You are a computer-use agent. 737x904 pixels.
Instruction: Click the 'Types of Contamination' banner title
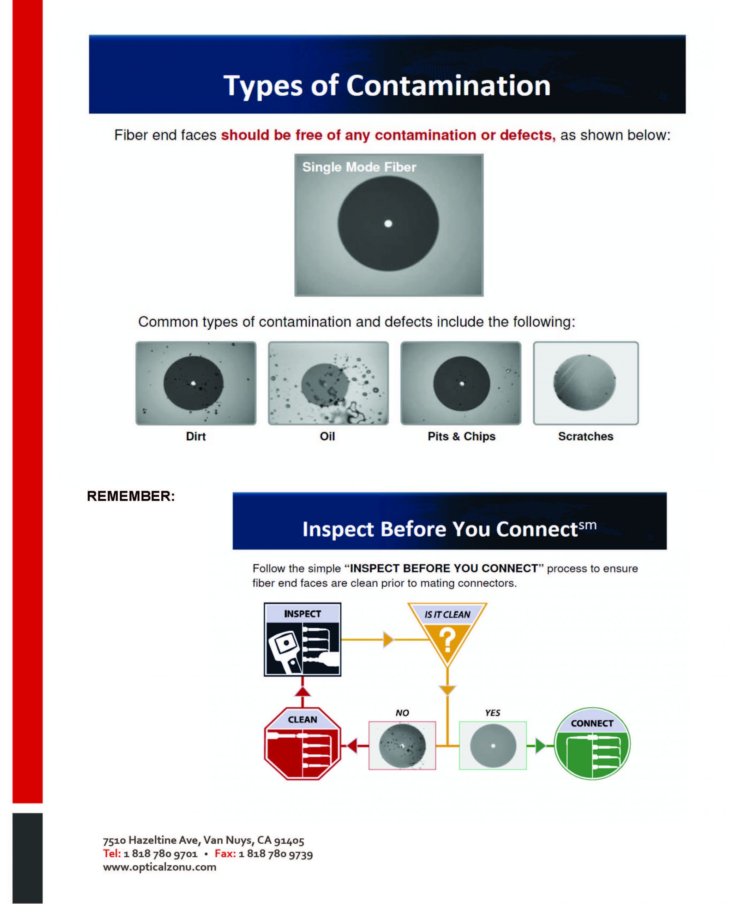pyautogui.click(x=387, y=86)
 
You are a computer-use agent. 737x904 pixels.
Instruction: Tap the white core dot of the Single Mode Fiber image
pyautogui.click(x=388, y=223)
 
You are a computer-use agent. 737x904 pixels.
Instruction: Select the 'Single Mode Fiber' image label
pyautogui.click(x=359, y=167)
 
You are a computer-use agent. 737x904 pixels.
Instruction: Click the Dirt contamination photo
pyautogui.click(x=196, y=383)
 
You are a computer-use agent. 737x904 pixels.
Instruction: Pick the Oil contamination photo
pyautogui.click(x=328, y=383)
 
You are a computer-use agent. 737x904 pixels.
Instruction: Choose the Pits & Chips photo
pyautogui.click(x=461, y=383)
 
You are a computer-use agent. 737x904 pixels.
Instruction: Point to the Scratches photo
pyautogui.click(x=586, y=383)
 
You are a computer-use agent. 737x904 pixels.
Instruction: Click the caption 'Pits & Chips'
pyautogui.click(x=461, y=436)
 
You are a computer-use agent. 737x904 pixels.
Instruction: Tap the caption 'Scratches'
pyautogui.click(x=586, y=436)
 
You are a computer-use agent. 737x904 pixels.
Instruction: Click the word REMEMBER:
pyautogui.click(x=131, y=496)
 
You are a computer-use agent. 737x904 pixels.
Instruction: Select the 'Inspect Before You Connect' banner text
pyautogui.click(x=449, y=529)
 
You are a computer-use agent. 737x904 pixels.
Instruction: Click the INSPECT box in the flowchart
pyautogui.click(x=302, y=640)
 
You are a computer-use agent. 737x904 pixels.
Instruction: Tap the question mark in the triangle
pyautogui.click(x=447, y=640)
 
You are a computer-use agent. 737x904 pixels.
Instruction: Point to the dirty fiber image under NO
pyautogui.click(x=402, y=745)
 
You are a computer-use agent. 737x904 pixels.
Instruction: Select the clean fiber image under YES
pyautogui.click(x=493, y=745)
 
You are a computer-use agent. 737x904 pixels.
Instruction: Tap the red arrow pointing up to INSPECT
pyautogui.click(x=302, y=692)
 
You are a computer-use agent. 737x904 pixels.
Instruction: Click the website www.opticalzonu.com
pyautogui.click(x=160, y=867)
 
